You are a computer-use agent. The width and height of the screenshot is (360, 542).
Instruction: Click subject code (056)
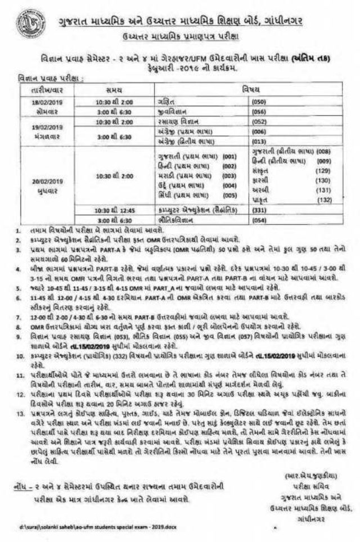(x=259, y=112)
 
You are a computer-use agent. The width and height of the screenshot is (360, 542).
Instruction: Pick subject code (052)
(x=259, y=121)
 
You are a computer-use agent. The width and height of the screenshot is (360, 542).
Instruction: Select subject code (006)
(x=259, y=130)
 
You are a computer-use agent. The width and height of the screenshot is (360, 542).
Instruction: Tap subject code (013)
(x=259, y=141)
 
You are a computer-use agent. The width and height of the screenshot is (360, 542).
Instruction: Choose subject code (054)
(x=259, y=220)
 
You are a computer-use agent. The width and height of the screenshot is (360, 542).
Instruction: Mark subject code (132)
(x=322, y=199)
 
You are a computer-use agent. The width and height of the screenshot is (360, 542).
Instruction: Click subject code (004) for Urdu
(x=229, y=185)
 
